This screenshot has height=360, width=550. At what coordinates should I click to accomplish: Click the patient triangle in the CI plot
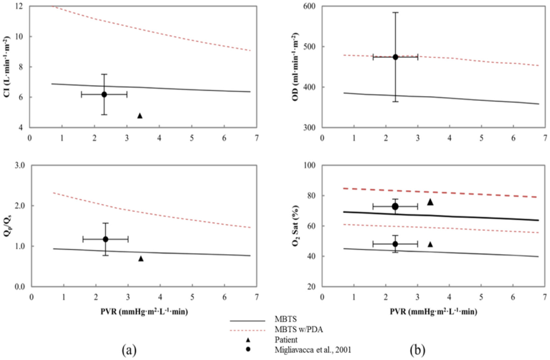(x=140, y=116)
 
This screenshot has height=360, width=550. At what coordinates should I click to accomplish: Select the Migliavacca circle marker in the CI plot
(x=104, y=95)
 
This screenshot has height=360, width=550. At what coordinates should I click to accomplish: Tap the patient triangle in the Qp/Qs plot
(x=141, y=258)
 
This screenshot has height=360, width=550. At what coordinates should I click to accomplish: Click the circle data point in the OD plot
(x=395, y=57)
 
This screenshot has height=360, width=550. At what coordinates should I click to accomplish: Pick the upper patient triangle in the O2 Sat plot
(x=430, y=202)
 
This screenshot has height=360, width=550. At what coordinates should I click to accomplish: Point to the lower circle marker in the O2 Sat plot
(x=395, y=244)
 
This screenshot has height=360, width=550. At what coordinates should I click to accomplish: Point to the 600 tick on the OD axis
(x=309, y=6)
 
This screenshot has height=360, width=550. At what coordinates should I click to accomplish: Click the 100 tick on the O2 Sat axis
(x=309, y=165)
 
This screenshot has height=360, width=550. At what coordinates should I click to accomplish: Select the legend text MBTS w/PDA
(x=299, y=330)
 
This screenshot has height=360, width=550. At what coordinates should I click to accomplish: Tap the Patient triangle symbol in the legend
(x=248, y=340)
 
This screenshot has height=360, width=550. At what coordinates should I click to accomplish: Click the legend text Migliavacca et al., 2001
(x=313, y=350)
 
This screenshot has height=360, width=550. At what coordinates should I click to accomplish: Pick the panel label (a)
(x=129, y=350)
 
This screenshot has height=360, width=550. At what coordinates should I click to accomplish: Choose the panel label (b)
(x=418, y=350)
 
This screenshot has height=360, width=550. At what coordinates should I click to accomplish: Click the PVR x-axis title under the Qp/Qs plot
(x=144, y=312)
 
